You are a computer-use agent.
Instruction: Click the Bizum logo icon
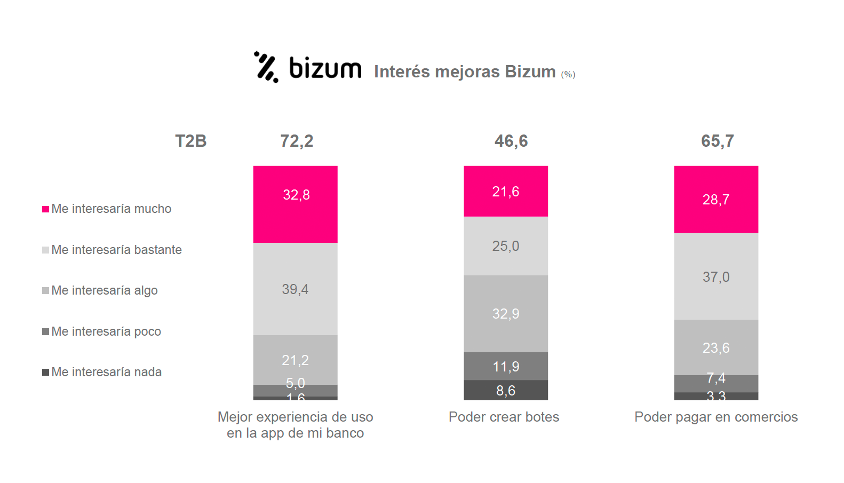(266, 67)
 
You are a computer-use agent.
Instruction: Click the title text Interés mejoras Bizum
(465, 72)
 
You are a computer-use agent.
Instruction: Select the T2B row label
(190, 141)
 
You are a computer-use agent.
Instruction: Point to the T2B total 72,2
(297, 141)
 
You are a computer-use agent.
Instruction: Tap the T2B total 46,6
(511, 141)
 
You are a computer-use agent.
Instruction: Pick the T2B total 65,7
(717, 141)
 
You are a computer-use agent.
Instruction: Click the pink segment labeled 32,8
(296, 204)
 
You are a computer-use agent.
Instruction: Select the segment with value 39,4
(296, 289)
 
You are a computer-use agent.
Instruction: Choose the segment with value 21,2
(296, 360)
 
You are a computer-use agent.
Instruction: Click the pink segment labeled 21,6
(506, 191)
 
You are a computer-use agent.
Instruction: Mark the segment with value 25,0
(506, 246)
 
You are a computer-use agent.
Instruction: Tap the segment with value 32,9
(506, 313)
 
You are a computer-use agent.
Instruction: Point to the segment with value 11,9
(506, 366)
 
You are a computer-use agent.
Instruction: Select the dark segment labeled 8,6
(506, 390)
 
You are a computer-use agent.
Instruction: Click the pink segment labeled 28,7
(716, 199)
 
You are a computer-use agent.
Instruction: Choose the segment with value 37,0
(716, 276)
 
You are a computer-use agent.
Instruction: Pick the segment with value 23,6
(716, 347)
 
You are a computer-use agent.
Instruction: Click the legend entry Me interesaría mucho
(107, 209)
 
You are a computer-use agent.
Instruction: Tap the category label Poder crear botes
(504, 417)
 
